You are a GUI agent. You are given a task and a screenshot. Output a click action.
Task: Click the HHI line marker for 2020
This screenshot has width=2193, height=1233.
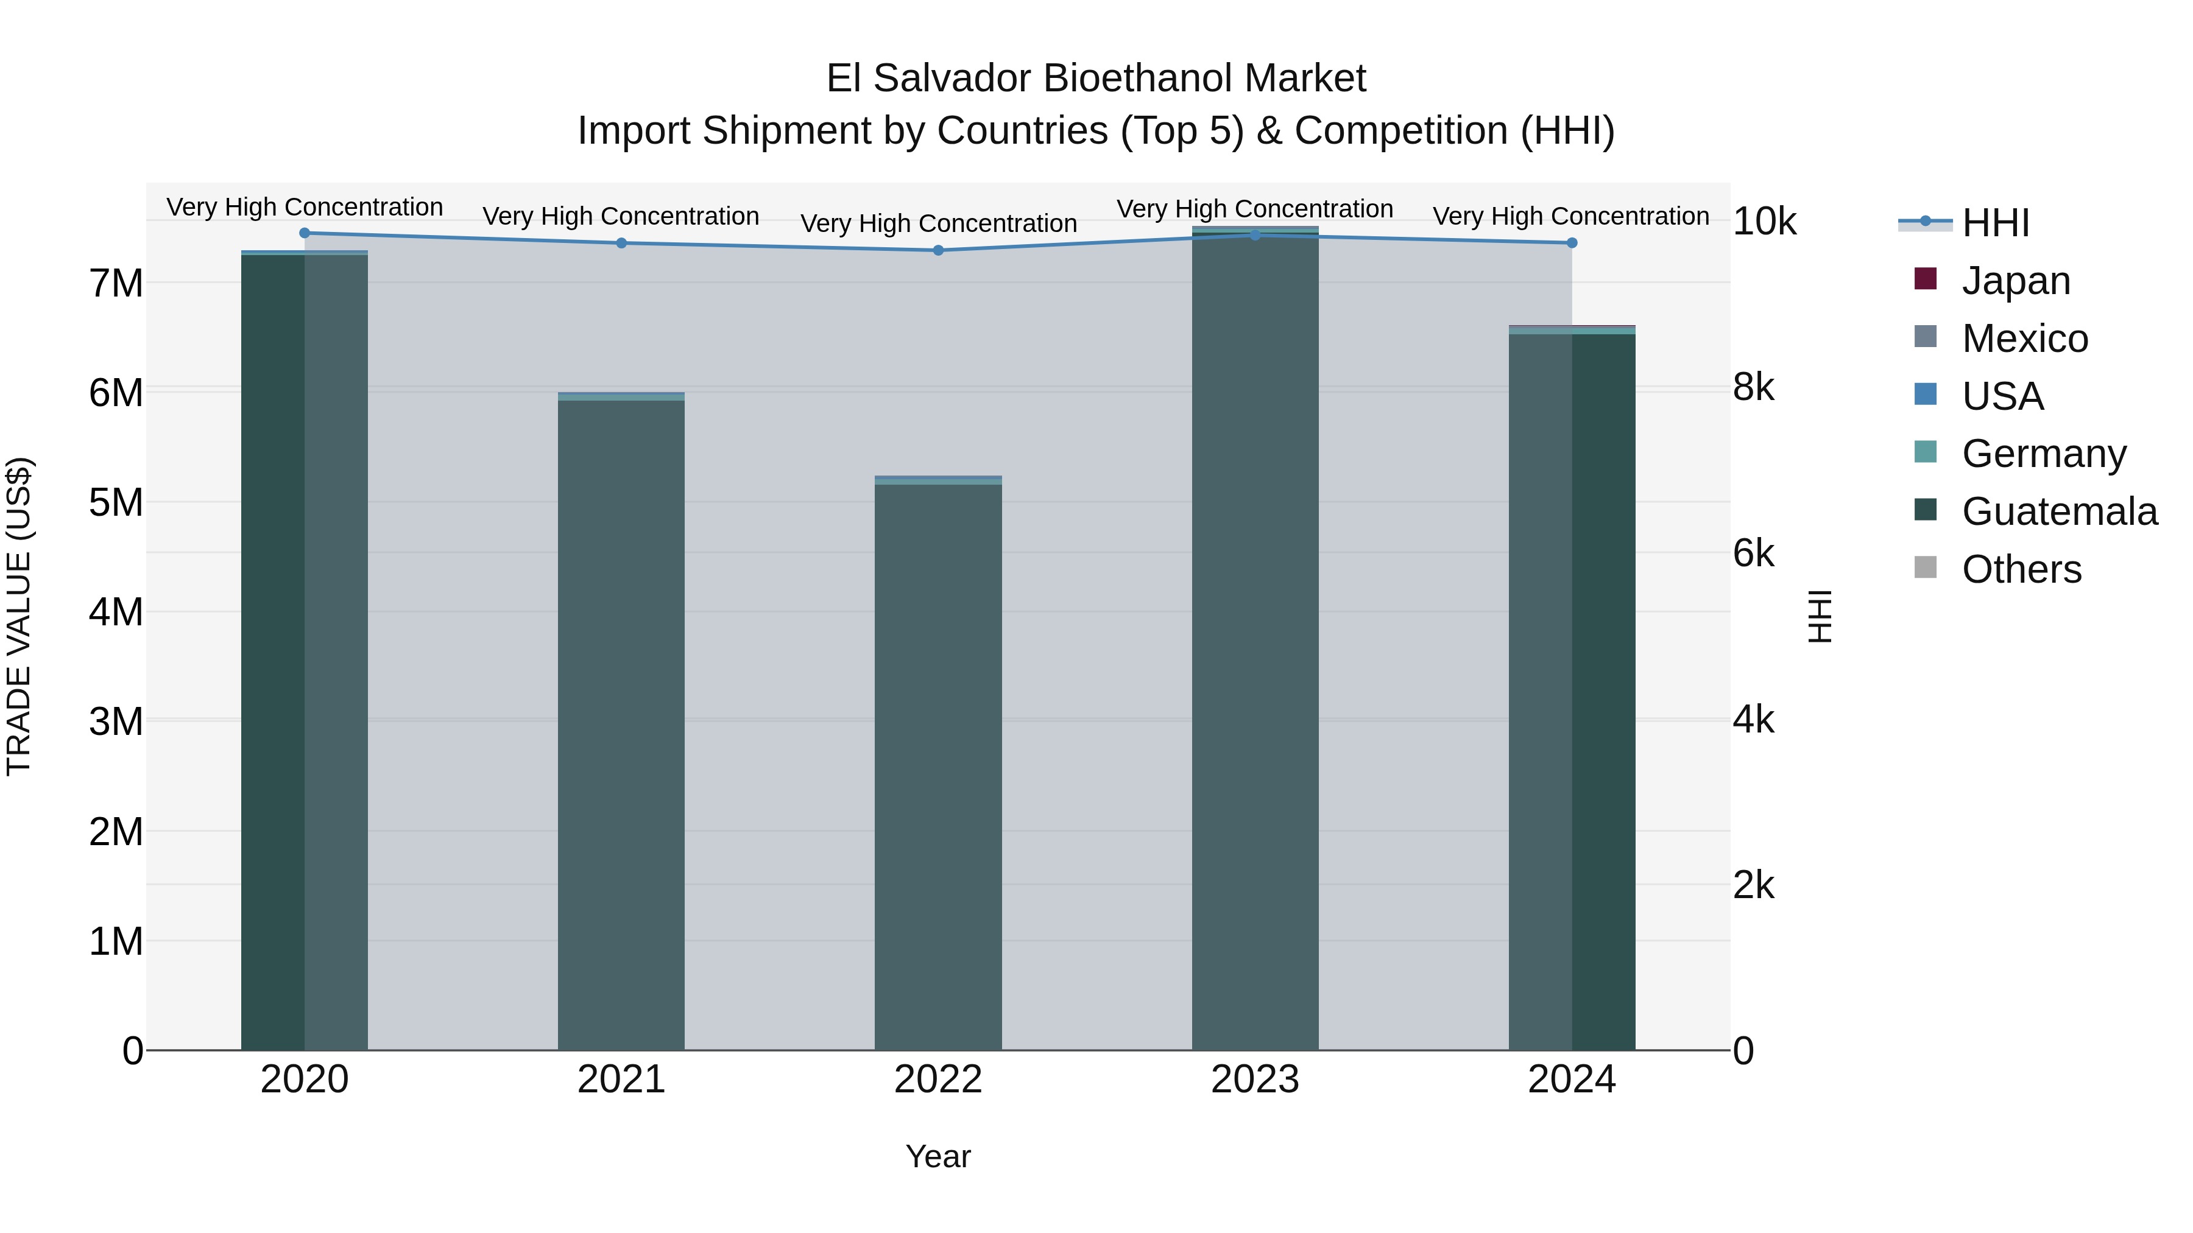(x=305, y=233)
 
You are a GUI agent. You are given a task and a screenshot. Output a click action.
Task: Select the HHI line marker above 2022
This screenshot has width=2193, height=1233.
(x=938, y=250)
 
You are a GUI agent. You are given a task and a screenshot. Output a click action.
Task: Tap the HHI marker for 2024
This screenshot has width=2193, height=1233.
(x=1572, y=244)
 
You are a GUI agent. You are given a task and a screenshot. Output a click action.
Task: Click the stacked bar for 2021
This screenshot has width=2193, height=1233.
(x=621, y=723)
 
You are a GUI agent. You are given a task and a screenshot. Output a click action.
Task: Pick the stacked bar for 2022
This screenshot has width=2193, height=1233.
(x=938, y=766)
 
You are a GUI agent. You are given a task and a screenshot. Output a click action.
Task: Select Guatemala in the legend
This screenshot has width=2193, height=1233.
(x=2058, y=511)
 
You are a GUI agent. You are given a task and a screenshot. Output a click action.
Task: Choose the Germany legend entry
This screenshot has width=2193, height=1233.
(x=2043, y=454)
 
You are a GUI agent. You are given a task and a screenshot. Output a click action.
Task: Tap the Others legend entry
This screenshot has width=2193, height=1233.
(x=2021, y=569)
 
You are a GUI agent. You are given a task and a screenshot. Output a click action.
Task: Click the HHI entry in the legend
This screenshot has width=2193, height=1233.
(x=1994, y=223)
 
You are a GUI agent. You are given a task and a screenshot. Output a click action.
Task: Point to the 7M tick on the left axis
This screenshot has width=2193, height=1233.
(x=116, y=283)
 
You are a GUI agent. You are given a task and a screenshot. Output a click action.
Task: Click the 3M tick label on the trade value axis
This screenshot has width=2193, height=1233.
(x=116, y=722)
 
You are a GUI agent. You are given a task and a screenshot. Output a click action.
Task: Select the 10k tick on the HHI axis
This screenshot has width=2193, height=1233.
(x=1764, y=222)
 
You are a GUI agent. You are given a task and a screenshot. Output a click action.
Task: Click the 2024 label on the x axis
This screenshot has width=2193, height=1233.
(x=1572, y=1080)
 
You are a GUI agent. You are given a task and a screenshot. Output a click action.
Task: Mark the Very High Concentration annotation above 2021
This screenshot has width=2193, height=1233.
(x=621, y=216)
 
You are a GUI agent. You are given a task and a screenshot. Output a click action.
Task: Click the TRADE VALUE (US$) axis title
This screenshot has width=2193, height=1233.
(x=19, y=616)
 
